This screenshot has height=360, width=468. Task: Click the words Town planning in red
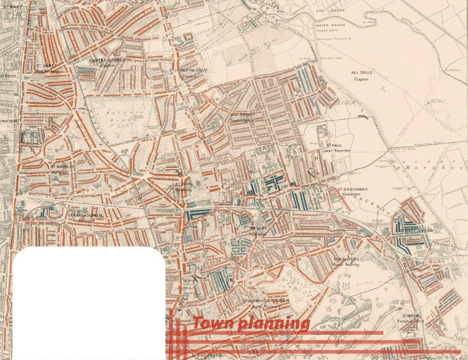click(251, 323)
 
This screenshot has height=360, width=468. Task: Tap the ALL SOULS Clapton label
click(361, 75)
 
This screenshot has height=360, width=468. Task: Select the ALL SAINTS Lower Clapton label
click(242, 117)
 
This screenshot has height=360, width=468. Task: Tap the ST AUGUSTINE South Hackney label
click(347, 262)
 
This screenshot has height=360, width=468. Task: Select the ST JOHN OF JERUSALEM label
click(265, 303)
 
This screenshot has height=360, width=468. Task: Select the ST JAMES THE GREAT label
click(188, 72)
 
